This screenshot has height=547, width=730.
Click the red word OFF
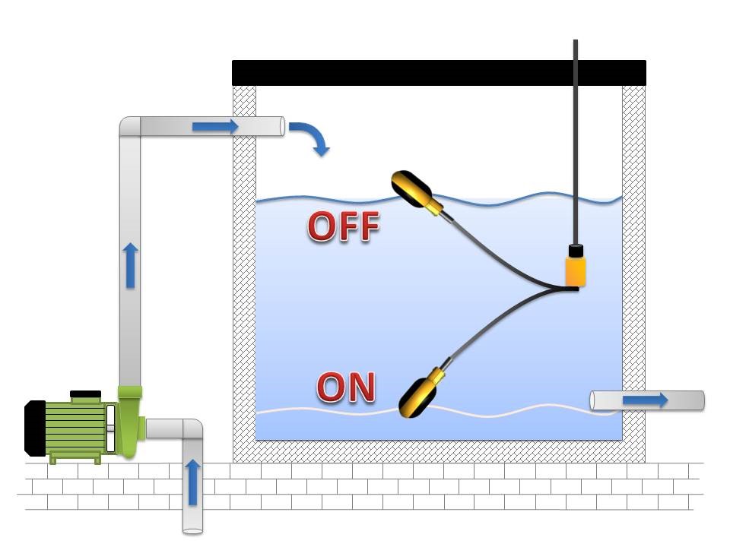point(343,226)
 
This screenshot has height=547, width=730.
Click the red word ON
point(346,387)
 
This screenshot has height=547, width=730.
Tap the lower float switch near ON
point(419,394)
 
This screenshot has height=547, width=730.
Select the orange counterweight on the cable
point(576,270)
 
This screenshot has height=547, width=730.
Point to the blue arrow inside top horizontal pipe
point(216,126)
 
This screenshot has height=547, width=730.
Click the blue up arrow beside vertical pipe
point(131,265)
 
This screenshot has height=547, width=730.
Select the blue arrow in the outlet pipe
point(646,400)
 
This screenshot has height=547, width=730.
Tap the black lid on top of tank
point(439,73)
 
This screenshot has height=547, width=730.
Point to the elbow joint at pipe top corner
point(129,127)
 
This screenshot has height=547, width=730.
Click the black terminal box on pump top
point(85,394)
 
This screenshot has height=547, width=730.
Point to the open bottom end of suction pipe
point(193,530)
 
